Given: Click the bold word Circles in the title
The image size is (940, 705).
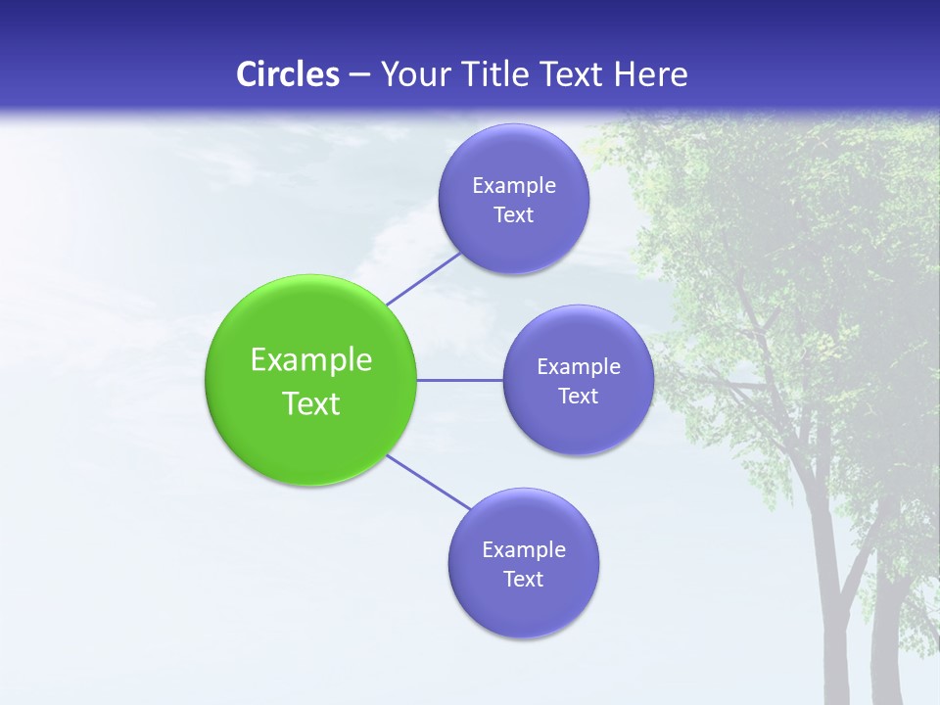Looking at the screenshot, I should (x=288, y=74).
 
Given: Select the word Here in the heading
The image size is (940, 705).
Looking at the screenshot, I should (x=650, y=74).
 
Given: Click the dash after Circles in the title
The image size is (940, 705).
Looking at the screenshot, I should (x=359, y=75).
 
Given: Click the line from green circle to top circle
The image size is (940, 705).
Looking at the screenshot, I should (x=423, y=279).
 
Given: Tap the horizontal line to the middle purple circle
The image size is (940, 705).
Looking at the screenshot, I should (x=460, y=380).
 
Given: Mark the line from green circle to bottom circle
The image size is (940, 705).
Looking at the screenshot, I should (x=429, y=482).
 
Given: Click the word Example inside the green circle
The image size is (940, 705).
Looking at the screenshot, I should (x=311, y=360).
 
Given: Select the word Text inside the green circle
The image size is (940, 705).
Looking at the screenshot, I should (x=311, y=403).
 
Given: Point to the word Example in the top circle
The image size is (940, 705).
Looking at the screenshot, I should (x=514, y=186).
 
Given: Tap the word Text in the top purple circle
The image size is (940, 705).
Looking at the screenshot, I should (x=513, y=215).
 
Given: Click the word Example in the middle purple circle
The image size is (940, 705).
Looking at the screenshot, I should (x=579, y=367).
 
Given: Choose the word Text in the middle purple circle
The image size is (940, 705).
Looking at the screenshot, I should (x=578, y=397).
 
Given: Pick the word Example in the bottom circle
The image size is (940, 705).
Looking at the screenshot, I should (x=524, y=550).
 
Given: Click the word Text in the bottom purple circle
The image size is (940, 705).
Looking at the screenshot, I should (x=523, y=580).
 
